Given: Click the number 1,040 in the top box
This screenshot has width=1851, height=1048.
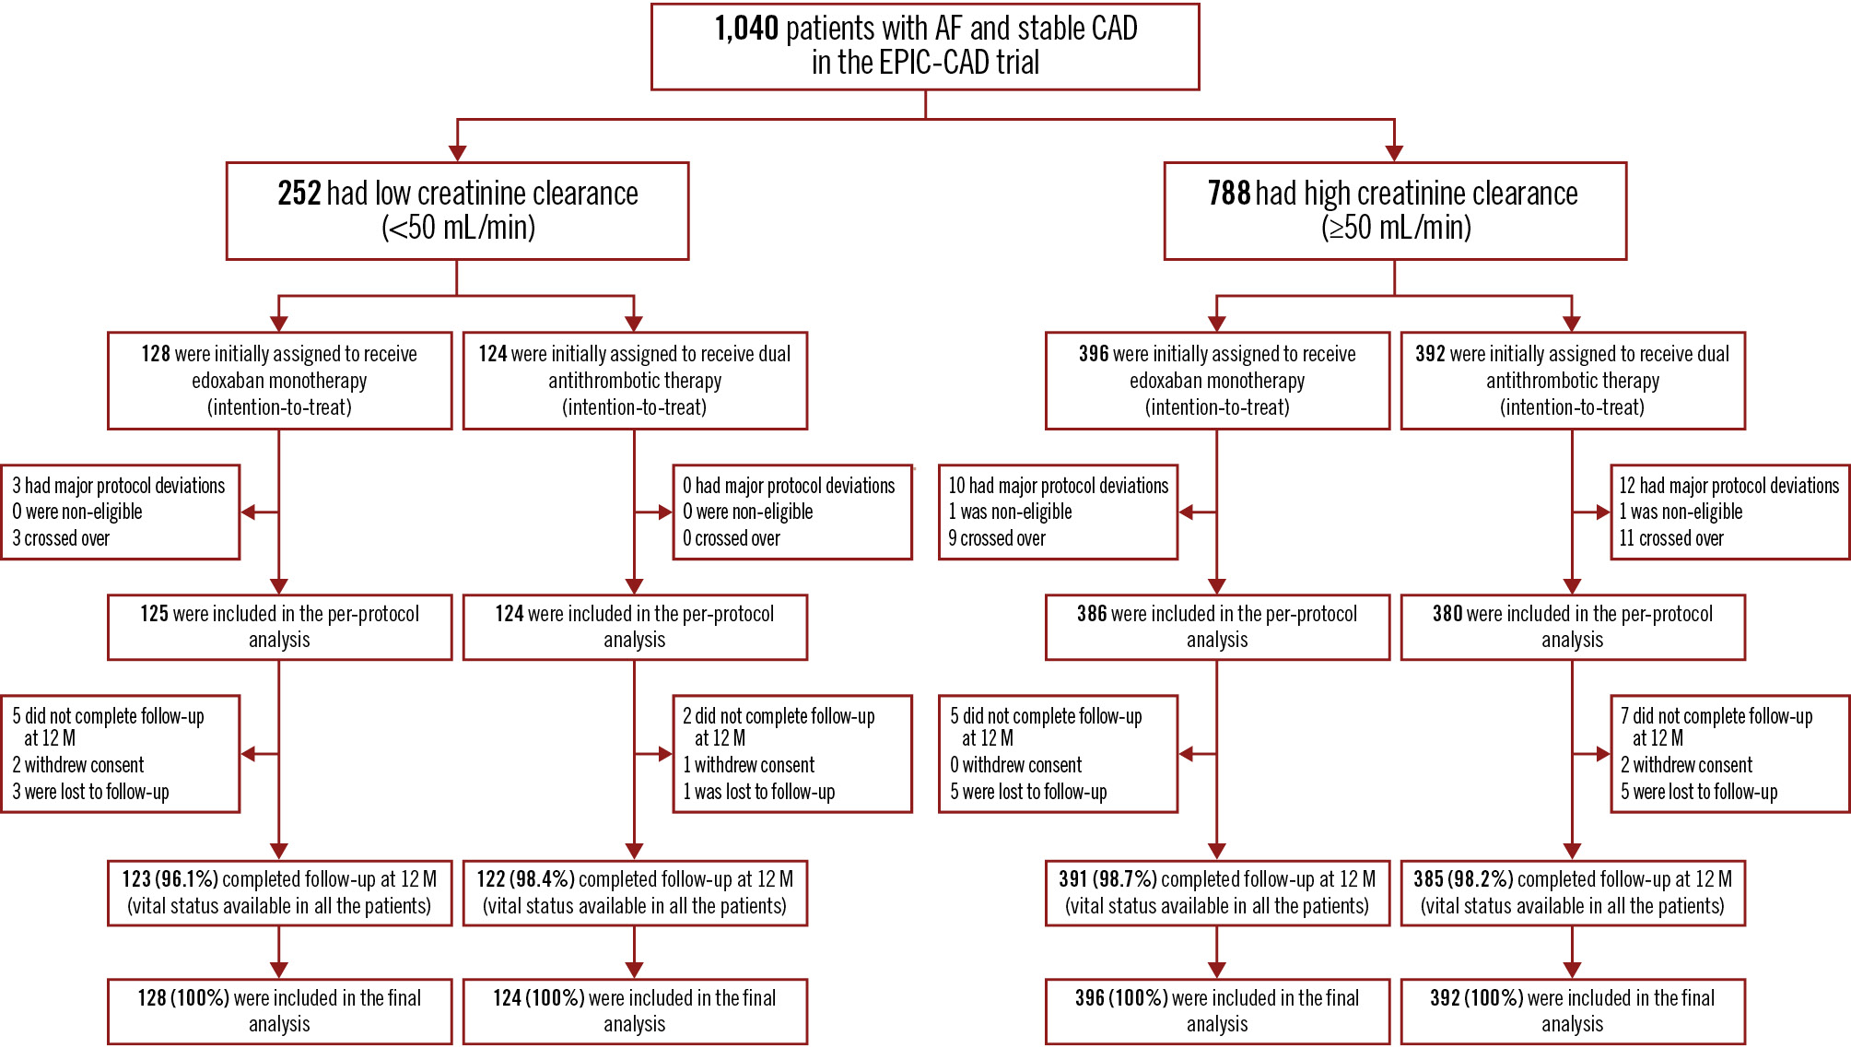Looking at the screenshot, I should click(746, 29).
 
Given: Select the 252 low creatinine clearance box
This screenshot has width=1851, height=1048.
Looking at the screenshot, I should click(457, 211).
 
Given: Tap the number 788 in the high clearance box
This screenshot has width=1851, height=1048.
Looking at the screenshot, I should click(1228, 194).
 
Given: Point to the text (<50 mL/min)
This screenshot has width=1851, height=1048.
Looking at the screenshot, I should click(458, 228).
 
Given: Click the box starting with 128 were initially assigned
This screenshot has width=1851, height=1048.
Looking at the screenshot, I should click(279, 381).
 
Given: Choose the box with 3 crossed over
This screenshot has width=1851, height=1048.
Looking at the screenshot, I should click(121, 512).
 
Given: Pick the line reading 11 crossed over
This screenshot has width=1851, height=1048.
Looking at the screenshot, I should click(1671, 539).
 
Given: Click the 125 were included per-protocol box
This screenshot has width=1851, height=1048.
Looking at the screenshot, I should click(279, 627).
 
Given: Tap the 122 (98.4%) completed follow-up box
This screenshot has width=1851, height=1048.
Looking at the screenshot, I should click(635, 892).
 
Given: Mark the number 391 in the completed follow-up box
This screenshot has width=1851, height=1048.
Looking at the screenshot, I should click(1073, 879).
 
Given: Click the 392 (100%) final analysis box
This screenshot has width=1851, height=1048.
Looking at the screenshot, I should click(1573, 1011).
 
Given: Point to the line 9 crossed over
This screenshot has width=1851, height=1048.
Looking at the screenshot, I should click(997, 539).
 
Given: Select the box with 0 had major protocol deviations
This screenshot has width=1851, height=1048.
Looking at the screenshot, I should click(792, 512).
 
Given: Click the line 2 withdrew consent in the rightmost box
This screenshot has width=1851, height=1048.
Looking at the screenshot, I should click(1686, 765).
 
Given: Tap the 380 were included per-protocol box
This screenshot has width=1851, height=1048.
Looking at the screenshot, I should click(1573, 627).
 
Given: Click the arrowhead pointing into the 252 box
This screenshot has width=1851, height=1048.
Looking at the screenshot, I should click(457, 153).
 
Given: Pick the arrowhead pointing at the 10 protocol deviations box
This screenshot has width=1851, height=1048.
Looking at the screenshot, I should click(1187, 512).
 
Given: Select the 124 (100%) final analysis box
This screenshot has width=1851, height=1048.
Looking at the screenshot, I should click(635, 1011).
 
